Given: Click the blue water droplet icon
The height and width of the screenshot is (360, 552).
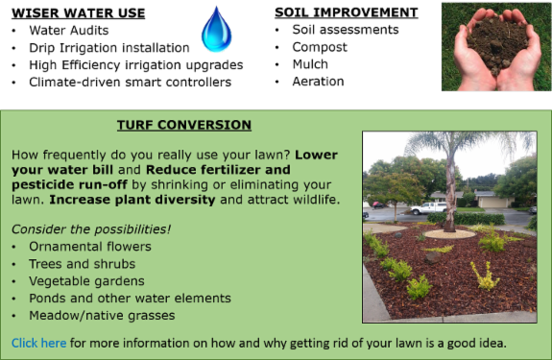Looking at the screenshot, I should tap(216, 32).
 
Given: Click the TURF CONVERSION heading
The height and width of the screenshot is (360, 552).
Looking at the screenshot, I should tap(183, 125).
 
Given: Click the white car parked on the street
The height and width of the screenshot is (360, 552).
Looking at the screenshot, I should tap(428, 207).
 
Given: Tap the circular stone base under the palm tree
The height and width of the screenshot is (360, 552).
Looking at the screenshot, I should tap(449, 233).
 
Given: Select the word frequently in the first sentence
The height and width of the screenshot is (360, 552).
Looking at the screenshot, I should tap(74, 154).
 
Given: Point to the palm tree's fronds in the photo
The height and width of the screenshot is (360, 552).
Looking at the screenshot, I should tap(451, 144).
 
